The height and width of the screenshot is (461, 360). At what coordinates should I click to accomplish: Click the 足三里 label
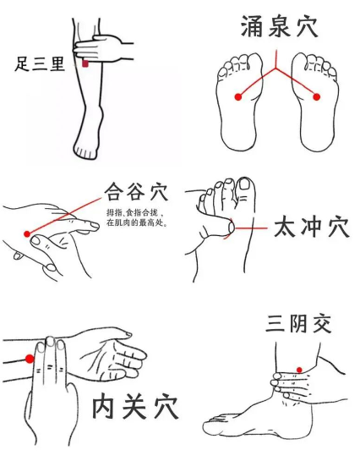[40, 63]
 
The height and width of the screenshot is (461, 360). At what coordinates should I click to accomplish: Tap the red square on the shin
[85, 63]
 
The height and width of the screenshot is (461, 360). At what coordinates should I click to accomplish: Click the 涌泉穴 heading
[279, 27]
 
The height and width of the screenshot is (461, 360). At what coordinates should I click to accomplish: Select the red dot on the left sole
[238, 96]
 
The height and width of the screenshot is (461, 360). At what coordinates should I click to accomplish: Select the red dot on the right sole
[316, 96]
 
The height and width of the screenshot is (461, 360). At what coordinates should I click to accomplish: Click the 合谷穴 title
[137, 191]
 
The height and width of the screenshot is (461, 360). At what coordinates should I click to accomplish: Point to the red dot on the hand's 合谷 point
[27, 234]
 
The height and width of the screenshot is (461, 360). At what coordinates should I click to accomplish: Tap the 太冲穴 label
[312, 227]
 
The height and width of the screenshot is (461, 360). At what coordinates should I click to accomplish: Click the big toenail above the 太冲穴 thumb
[244, 184]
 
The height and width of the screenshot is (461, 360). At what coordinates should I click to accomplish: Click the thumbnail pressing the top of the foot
[232, 227]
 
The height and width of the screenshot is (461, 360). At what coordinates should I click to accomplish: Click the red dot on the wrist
[30, 359]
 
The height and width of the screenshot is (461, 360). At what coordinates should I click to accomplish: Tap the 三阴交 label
[298, 324]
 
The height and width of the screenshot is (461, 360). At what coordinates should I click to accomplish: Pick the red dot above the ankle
[299, 370]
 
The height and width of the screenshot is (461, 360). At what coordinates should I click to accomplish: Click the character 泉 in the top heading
[279, 27]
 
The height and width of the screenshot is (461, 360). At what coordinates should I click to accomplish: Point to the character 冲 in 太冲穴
[312, 227]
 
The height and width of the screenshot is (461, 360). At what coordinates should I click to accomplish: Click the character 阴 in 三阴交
[298, 324]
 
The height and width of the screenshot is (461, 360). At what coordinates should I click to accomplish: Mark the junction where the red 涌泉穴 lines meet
[275, 69]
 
